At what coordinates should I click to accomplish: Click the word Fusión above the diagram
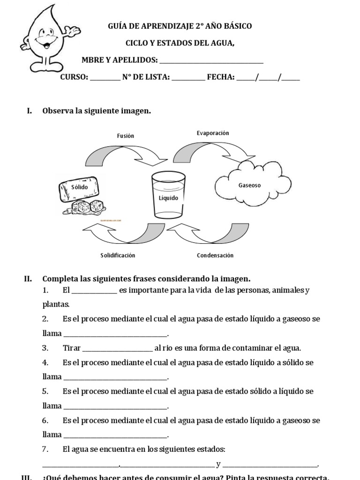126,136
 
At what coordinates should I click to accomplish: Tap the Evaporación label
213,133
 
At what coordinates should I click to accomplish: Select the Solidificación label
118,255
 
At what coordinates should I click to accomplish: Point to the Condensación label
215,255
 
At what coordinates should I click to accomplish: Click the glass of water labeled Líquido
168,196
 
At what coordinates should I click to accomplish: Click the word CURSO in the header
74,77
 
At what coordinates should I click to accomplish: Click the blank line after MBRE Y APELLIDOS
211,60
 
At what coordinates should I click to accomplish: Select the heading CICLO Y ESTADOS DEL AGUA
180,43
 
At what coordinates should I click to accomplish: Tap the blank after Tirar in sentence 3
118,348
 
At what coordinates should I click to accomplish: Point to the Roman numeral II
28,278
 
